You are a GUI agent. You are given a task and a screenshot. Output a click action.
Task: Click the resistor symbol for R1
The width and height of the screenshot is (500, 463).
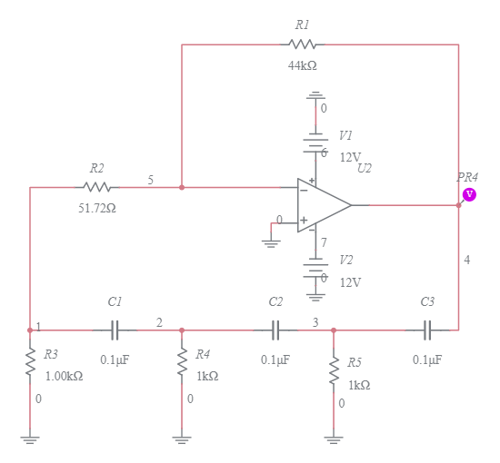click(x=302, y=44)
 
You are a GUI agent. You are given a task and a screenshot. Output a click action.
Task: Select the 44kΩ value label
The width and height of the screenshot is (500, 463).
click(x=302, y=65)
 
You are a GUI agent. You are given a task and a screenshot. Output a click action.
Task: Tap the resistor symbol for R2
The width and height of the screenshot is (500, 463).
click(x=96, y=187)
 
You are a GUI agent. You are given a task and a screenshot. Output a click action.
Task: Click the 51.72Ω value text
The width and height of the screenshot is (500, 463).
click(x=96, y=208)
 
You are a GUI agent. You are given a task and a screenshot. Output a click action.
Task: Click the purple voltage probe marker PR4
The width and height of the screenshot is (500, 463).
click(x=469, y=194)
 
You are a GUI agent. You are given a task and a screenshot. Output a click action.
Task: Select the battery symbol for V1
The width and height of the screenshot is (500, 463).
click(x=315, y=143)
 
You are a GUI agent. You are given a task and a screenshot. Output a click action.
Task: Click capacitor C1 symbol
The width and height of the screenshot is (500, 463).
click(x=115, y=330)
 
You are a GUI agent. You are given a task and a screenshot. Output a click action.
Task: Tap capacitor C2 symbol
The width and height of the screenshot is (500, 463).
click(x=275, y=330)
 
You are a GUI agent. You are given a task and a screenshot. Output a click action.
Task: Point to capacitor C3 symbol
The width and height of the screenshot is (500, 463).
click(x=427, y=330)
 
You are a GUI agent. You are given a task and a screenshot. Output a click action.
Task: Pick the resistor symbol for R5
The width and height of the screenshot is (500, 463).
click(x=334, y=369)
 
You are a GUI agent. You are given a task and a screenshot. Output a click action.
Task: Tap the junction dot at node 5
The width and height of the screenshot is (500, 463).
click(x=182, y=187)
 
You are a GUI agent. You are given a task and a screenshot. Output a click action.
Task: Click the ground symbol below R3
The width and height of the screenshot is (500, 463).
click(x=30, y=439)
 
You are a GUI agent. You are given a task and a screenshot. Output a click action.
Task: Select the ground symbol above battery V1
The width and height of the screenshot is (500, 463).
click(x=315, y=95)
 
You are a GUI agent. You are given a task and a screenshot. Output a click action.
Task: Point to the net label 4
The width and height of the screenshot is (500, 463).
click(x=467, y=261)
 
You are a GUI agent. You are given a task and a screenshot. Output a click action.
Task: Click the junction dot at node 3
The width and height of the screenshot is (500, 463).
click(x=334, y=330)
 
